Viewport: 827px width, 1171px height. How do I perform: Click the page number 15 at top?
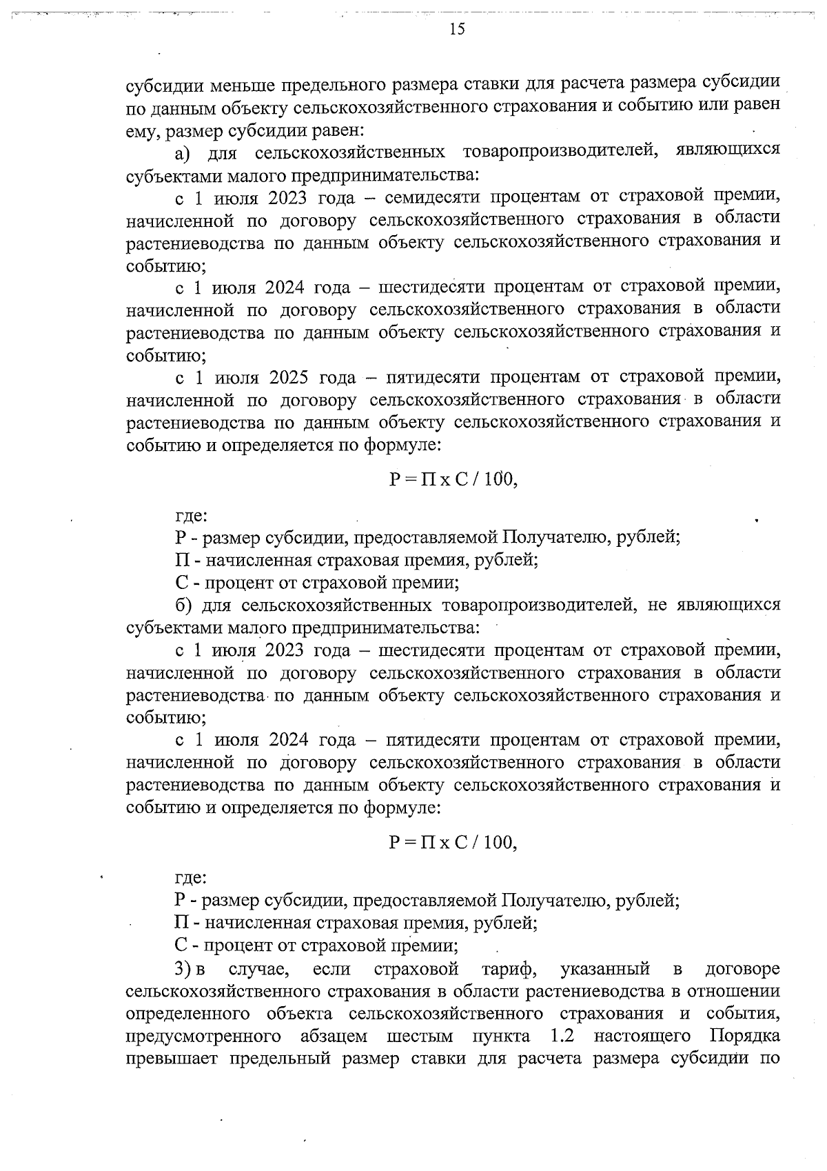pos(457,28)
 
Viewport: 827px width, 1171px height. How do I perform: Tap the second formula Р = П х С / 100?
pos(453,842)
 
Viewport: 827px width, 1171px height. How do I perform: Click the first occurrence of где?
pos(190,514)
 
